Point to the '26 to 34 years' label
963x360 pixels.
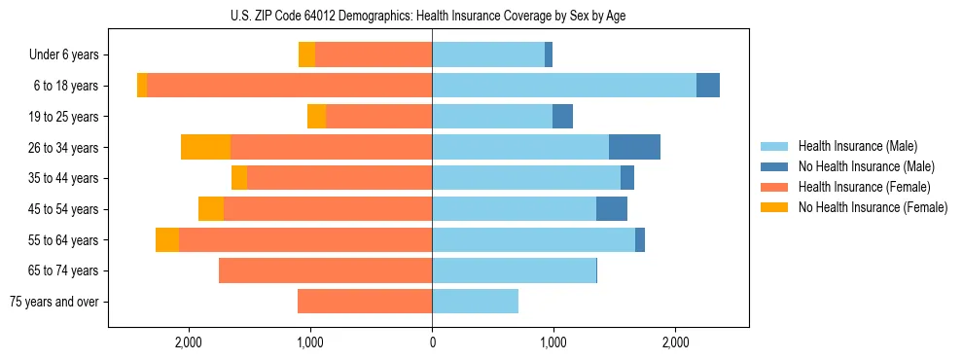64,147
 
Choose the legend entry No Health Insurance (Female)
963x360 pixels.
873,207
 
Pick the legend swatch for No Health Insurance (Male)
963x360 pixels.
774,166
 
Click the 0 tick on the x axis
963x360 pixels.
432,342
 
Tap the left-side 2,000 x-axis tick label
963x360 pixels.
188,342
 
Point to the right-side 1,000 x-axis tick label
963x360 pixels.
553,342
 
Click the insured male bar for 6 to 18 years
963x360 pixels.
564,86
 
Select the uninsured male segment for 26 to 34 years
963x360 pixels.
634,147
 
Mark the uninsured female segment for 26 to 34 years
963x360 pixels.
205,147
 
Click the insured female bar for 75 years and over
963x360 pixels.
365,302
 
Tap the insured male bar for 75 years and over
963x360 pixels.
475,302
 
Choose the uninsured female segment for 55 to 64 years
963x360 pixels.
167,240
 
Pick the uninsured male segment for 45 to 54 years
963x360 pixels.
612,209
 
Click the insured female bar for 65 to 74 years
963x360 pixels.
326,270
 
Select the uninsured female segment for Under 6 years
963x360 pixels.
306,54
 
